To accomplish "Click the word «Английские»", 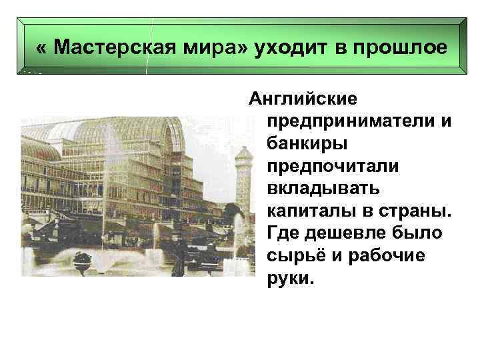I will coord(303,99).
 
